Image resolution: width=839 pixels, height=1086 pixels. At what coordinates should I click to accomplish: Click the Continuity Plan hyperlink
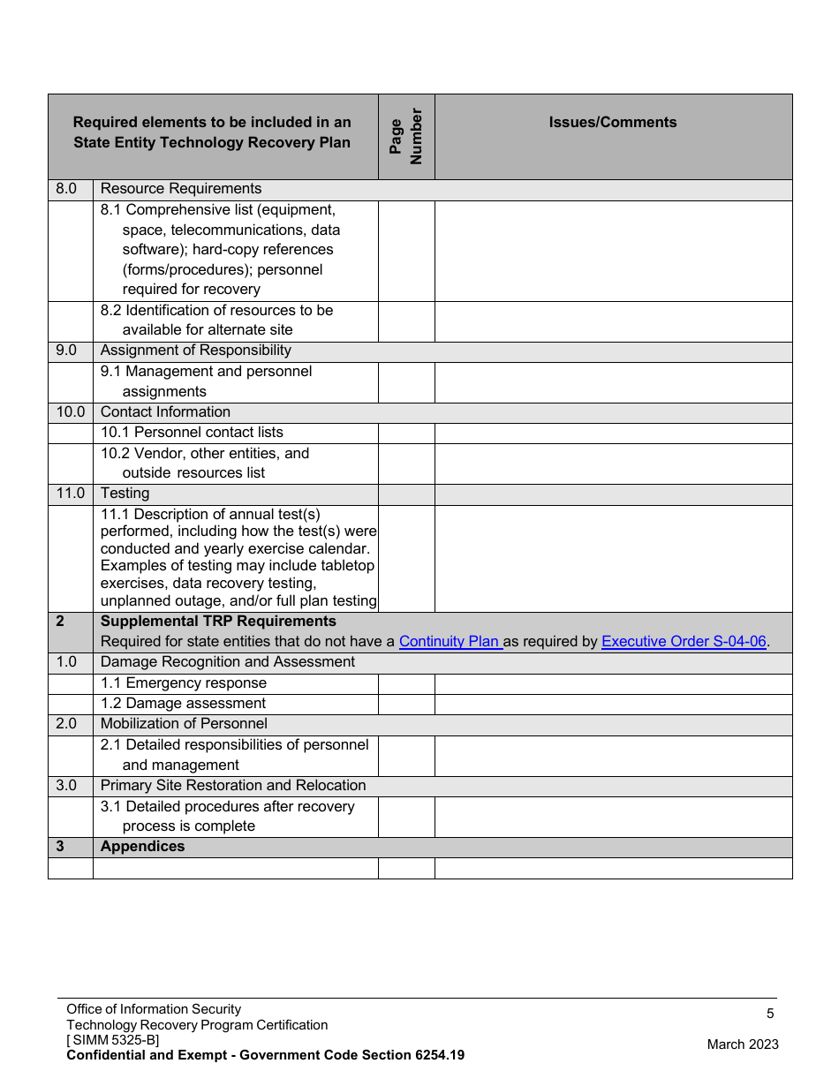(x=450, y=642)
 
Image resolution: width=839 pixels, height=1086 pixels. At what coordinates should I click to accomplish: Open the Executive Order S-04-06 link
(x=684, y=642)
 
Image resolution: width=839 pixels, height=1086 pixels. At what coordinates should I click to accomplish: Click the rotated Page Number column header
(x=406, y=136)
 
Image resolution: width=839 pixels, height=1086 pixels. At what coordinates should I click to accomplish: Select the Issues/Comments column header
(x=613, y=123)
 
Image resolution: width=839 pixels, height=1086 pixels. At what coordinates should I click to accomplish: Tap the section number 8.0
(x=66, y=189)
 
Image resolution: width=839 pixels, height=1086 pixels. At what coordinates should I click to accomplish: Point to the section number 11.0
(x=70, y=494)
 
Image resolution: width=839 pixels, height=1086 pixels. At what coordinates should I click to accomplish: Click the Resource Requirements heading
(x=181, y=189)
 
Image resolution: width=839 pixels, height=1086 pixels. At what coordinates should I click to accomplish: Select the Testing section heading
(x=125, y=494)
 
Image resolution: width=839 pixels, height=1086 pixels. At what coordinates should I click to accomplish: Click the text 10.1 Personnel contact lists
(x=192, y=433)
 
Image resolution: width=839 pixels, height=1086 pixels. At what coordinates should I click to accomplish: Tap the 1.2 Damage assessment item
(x=183, y=704)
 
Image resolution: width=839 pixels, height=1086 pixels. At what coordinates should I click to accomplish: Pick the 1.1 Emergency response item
(x=183, y=683)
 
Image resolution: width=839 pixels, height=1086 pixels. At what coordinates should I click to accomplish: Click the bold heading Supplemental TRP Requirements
(x=218, y=622)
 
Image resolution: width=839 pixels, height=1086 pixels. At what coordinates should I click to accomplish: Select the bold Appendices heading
(x=142, y=847)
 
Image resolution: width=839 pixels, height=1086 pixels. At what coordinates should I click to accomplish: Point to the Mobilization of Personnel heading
(x=184, y=724)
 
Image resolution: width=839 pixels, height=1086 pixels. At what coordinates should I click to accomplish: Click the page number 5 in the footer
(x=770, y=1014)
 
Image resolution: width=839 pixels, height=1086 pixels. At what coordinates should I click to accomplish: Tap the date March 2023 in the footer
(x=743, y=1045)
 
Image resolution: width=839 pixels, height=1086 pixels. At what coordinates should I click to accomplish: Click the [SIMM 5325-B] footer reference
(x=113, y=1040)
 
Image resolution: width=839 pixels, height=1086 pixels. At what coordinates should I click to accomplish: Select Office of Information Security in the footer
(x=154, y=1009)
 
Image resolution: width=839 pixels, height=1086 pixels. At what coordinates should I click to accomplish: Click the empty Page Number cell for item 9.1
(x=406, y=382)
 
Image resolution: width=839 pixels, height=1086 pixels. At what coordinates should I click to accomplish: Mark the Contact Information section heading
(x=165, y=412)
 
